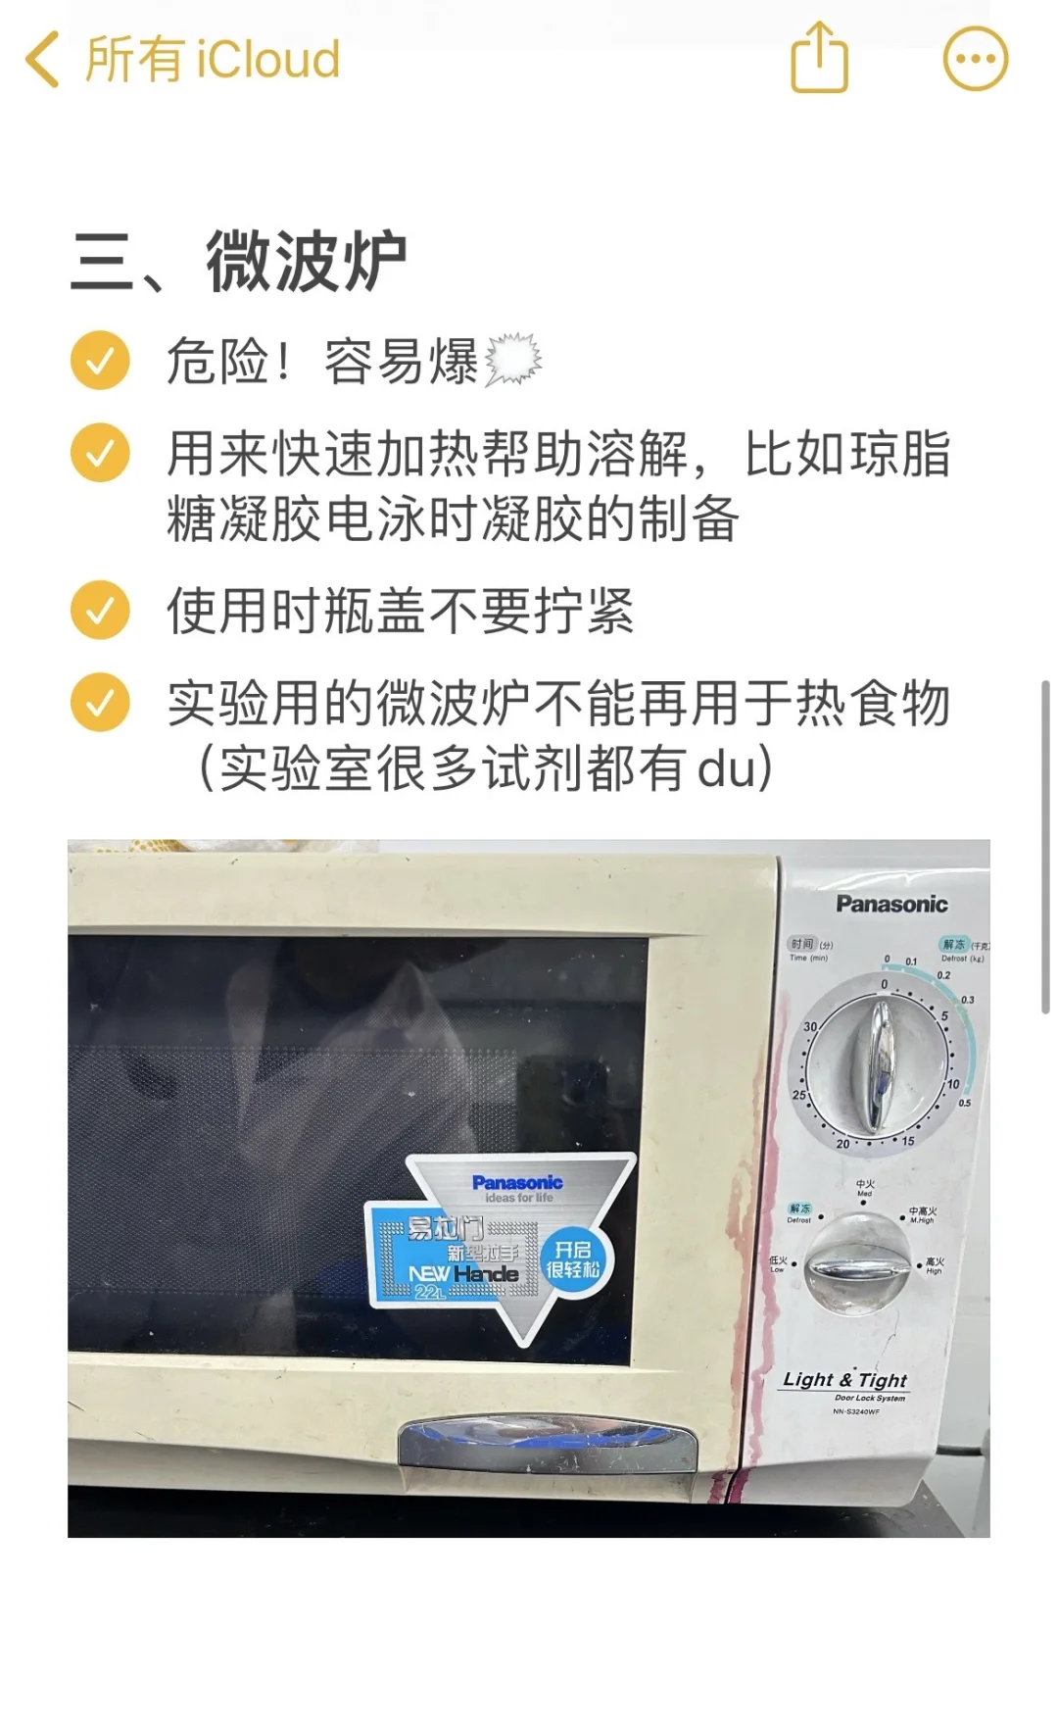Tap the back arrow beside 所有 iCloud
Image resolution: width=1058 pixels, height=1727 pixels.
coord(42,60)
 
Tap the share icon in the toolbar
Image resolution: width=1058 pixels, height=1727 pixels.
coord(819,58)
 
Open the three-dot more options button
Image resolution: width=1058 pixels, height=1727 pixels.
coord(975,59)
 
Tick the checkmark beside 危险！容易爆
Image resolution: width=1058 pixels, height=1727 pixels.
coord(100,361)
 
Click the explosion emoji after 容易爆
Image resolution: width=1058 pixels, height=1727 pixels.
coord(512,360)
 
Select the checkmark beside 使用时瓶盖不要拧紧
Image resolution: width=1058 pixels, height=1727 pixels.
coord(100,610)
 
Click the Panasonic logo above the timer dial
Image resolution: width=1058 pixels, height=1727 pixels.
coord(891,904)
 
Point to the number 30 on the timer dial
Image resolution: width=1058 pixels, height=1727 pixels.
coord(810,1026)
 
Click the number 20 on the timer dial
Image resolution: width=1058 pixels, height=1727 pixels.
coord(842,1144)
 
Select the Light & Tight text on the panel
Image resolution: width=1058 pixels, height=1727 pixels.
coord(844,1380)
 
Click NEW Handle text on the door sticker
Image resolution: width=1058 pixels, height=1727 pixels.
coord(463,1273)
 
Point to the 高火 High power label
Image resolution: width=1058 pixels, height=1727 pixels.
coord(935,1265)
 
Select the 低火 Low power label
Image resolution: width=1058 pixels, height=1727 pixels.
coord(778,1263)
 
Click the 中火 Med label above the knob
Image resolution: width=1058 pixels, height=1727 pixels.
coord(865,1188)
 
